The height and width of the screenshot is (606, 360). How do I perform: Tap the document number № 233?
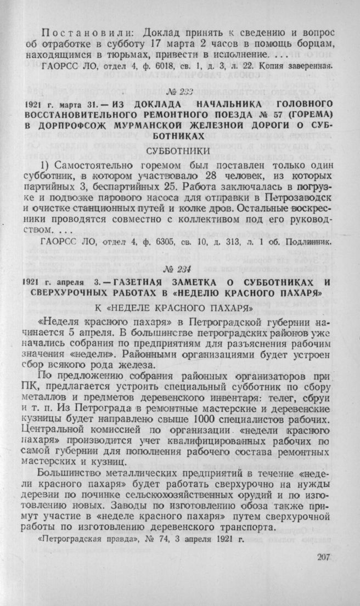(x=179, y=92)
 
